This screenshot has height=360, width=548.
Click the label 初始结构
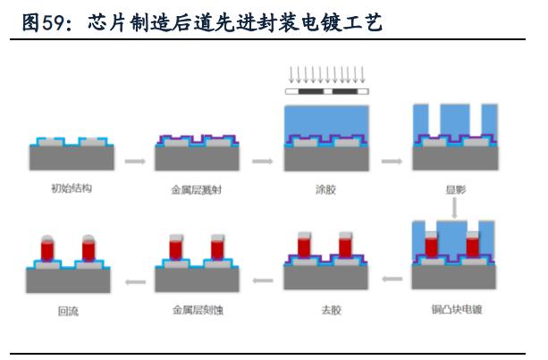[x=72, y=188]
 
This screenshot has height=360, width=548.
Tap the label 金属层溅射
[x=197, y=190]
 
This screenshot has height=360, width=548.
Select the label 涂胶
[x=325, y=189]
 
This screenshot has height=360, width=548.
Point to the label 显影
[x=456, y=189]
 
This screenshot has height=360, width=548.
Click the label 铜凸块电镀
[x=457, y=309]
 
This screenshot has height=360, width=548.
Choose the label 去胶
[x=331, y=310]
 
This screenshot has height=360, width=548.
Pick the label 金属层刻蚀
[x=198, y=310]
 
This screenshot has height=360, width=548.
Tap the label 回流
[x=68, y=311]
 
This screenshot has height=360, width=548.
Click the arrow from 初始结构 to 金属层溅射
[x=135, y=162]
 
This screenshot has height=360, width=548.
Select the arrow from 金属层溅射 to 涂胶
[x=263, y=162]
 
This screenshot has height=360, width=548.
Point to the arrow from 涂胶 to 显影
[x=392, y=162]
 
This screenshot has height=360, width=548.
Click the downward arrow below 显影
[x=454, y=208]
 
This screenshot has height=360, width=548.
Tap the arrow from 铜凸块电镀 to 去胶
[x=392, y=279]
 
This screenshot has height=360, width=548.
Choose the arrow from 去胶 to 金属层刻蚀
[x=263, y=280]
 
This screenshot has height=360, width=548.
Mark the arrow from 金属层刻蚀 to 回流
[x=135, y=281]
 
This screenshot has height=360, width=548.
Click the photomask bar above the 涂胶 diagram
[x=327, y=91]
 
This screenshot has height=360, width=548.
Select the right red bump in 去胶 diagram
[x=345, y=247]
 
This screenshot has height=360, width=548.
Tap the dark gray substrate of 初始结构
[x=72, y=158]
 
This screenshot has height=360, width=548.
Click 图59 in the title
[x=43, y=22]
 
